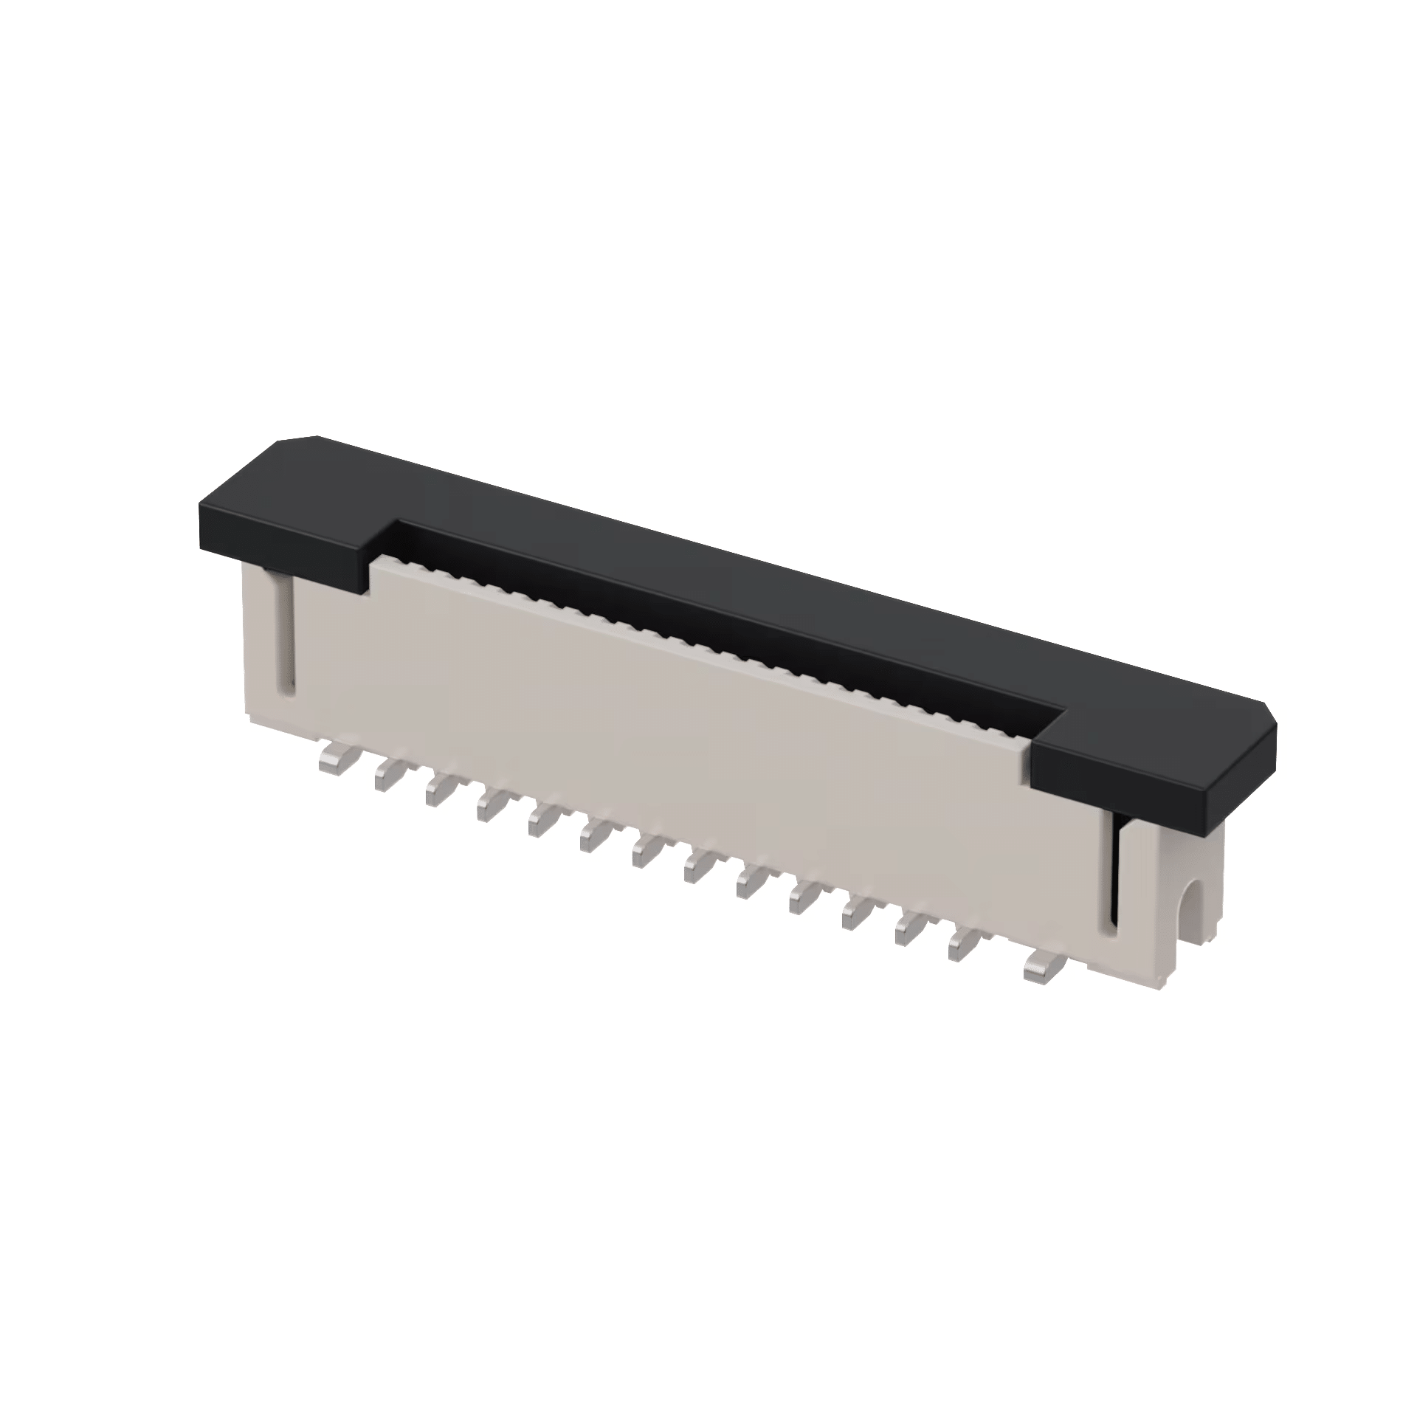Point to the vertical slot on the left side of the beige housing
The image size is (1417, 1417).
pos(286,635)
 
